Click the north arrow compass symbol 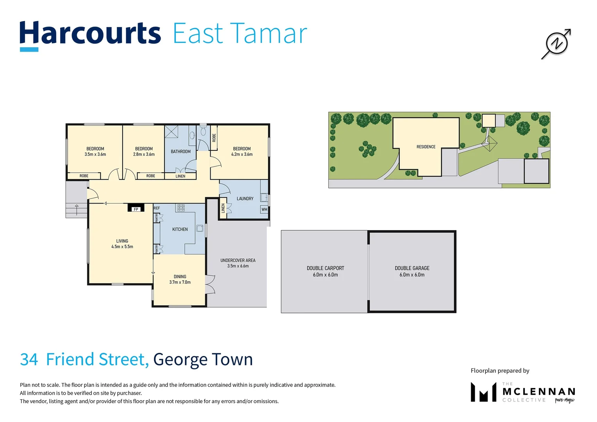coord(556,43)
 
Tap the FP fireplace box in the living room coord(136,209)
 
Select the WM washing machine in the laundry coord(265,209)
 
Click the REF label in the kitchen coord(157,208)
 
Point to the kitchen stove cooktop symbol coord(181,208)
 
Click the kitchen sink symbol coord(200,228)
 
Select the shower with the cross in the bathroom coord(172,132)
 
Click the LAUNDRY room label coord(245,198)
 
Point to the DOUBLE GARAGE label coord(412,268)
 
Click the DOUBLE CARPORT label coord(325,268)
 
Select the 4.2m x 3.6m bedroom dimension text coord(242,154)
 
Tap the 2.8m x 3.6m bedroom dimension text coord(144,154)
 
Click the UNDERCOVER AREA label coord(238,260)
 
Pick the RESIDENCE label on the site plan coord(426,147)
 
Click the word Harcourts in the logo coord(90,34)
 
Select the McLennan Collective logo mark coord(483,392)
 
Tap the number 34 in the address coord(29,359)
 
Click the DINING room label coord(180,277)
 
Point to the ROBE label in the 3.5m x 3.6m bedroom coord(84,176)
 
